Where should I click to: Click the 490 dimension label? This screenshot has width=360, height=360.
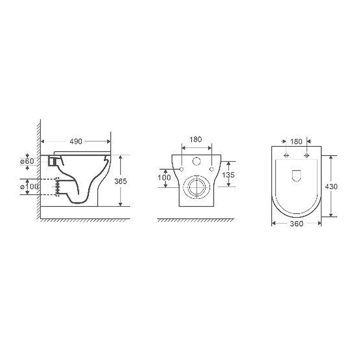tap(76, 141)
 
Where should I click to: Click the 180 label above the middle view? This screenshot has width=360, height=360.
tap(196, 139)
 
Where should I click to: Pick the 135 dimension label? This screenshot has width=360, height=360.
tap(229, 175)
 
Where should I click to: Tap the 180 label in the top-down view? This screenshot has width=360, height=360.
tap(296, 142)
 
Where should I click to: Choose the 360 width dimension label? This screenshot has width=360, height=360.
tap(297, 224)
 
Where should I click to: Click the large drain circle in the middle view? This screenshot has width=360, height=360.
tap(196, 185)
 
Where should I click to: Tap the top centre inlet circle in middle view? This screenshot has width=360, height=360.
tap(197, 162)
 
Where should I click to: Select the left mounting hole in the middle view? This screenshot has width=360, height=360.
tap(182, 168)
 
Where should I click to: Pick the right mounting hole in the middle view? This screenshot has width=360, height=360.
tap(211, 168)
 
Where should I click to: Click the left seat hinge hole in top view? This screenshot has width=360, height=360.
tap(286, 156)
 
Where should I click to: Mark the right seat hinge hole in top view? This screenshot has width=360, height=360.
tap(306, 156)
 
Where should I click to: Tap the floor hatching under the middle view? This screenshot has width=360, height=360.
tap(196, 220)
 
